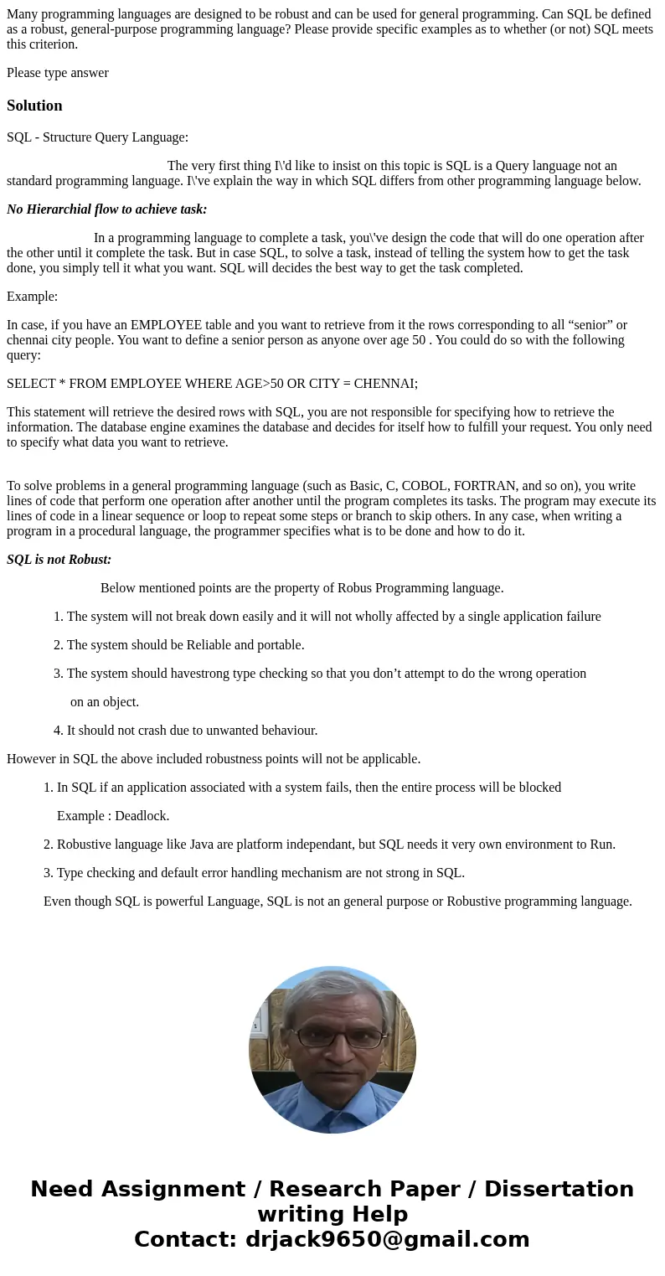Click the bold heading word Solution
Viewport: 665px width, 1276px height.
click(34, 106)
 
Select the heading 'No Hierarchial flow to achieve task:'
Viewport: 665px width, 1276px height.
click(106, 209)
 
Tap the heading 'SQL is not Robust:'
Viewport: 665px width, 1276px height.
click(59, 560)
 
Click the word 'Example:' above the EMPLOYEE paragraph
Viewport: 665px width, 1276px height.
click(32, 297)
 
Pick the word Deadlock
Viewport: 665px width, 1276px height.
click(142, 816)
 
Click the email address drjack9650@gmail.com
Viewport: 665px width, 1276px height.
click(387, 1239)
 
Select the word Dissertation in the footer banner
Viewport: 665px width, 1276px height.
click(559, 1189)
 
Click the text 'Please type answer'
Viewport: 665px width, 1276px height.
click(58, 73)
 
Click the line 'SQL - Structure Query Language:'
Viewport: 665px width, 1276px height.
click(97, 137)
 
